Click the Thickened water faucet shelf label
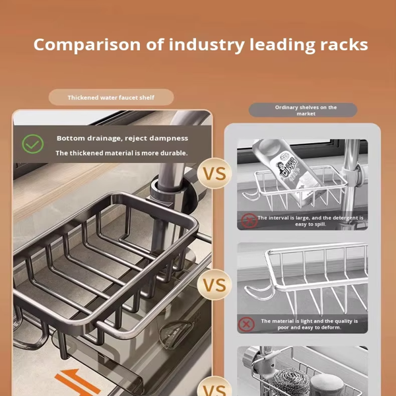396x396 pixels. coord(111,98)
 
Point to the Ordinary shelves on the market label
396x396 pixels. coord(306,110)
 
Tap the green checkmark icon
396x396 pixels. coord(32,144)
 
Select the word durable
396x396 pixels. coord(174,153)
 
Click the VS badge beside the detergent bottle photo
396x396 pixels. coord(214,174)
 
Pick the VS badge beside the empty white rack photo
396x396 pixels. coord(214,286)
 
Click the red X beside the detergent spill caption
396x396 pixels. coord(249,220)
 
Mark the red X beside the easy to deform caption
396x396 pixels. coord(247,324)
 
